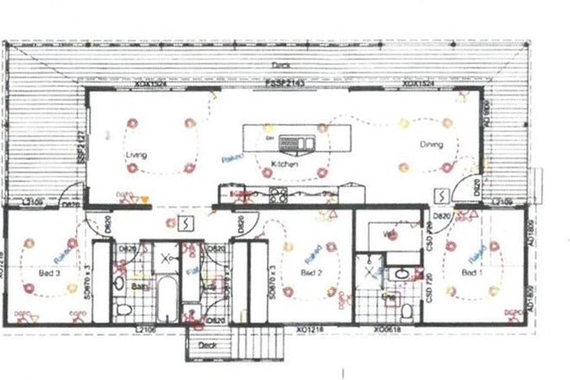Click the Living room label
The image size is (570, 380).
click(x=136, y=155)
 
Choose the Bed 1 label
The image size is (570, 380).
click(x=470, y=272)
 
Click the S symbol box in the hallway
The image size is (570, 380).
click(x=185, y=225)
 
